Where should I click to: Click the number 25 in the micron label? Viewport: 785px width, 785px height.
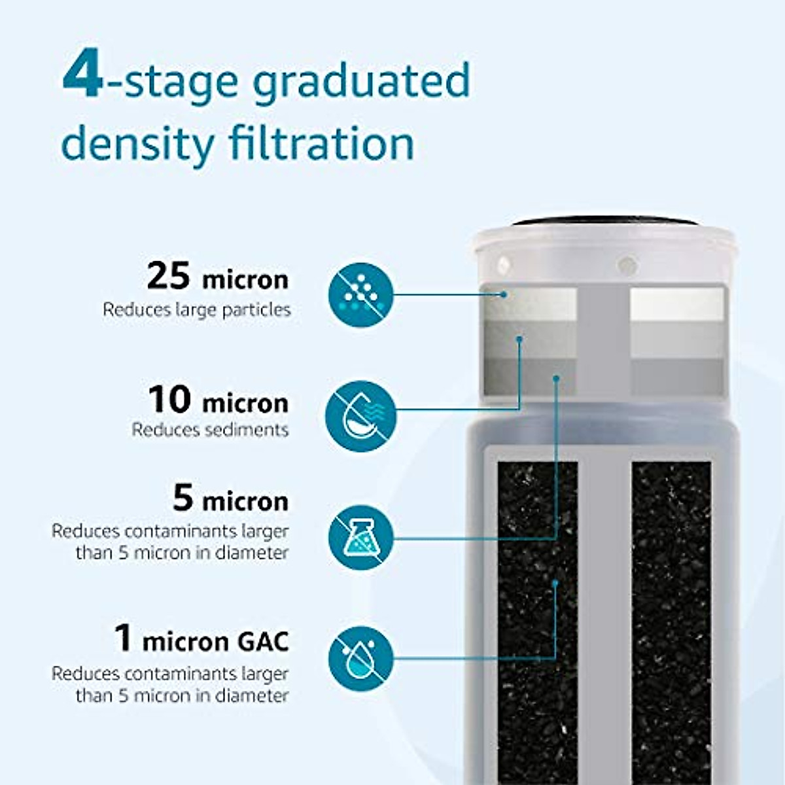pos(168,276)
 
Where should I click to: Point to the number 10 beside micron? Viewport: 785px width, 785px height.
pos(169,399)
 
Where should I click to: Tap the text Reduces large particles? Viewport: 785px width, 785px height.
pos(196,309)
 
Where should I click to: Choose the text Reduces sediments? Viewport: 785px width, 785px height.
pos(210,430)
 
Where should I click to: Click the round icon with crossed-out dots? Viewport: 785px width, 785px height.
pos(360,295)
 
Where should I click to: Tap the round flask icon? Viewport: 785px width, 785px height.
pos(360,538)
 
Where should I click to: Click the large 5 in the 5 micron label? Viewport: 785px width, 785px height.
pos(184,498)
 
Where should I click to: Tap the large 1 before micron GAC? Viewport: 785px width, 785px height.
pos(123,638)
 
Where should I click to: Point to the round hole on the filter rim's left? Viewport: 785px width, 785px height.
pos(503,265)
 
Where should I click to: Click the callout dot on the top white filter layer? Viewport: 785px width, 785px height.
pos(504,294)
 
